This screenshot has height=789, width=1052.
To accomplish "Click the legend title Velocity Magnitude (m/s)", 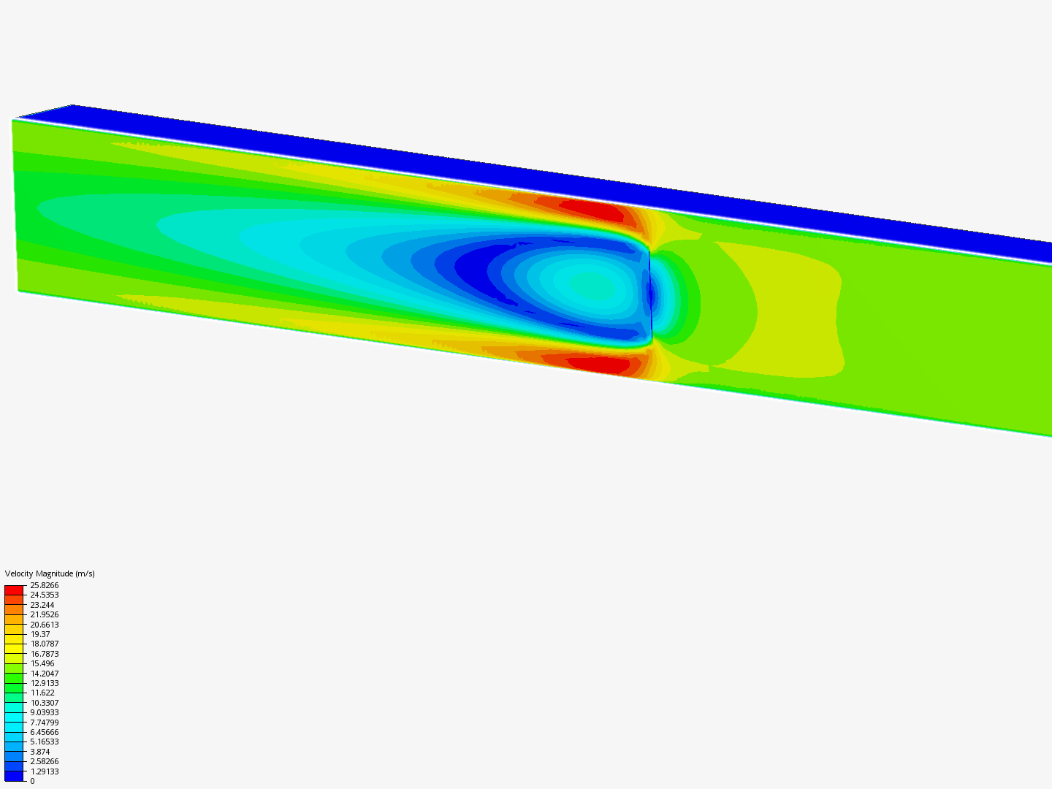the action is tap(50, 573).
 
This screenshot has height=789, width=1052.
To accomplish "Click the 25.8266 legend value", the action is tap(44, 585).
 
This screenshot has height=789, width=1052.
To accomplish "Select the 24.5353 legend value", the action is tap(44, 595).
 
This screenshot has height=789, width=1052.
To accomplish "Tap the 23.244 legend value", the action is tap(42, 605).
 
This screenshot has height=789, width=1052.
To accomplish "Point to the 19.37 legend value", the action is tap(40, 634).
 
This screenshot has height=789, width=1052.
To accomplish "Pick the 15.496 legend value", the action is tap(42, 663).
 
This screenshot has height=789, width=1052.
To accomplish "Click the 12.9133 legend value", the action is tap(44, 683).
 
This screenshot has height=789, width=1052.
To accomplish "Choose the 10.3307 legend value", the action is tap(44, 703).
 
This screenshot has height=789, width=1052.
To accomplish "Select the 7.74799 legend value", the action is tap(44, 723).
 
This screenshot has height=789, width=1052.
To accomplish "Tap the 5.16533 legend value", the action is tap(44, 742).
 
